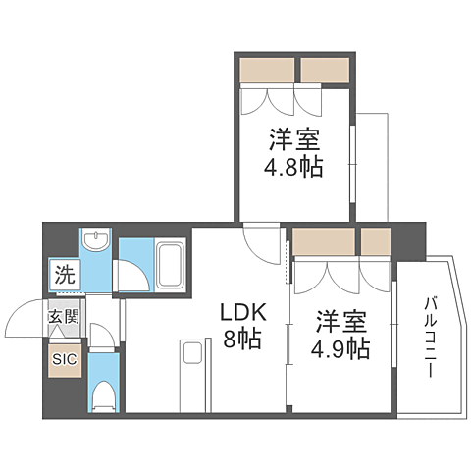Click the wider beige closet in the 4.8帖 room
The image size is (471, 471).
click(267, 70)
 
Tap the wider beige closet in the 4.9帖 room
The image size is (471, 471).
click(325, 241)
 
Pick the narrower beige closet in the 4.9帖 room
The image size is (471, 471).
click(376, 241)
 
